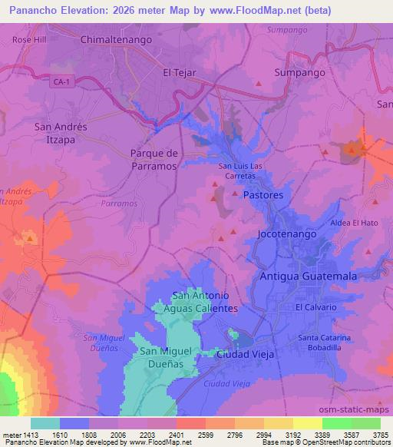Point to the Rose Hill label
tap(29, 38)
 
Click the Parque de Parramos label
tap(154, 159)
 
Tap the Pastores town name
tap(263, 195)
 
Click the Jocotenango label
tap(287, 233)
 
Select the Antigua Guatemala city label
tap(309, 275)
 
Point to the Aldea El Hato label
tap(354, 223)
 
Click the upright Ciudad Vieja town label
tap(246, 354)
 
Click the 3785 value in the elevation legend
tap(380, 434)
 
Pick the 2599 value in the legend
tap(206, 434)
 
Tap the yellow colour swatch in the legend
tap(307, 423)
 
